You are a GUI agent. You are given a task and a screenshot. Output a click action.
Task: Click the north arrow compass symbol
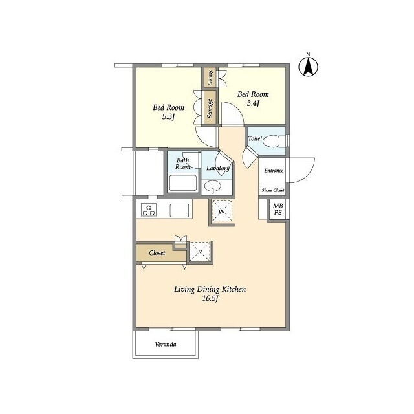pyautogui.click(x=308, y=66)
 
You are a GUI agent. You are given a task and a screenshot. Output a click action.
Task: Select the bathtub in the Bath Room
pyautogui.click(x=182, y=182)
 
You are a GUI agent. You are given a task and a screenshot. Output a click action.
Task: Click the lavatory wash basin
pyautogui.click(x=213, y=186)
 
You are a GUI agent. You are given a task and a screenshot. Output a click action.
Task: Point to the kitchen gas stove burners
pyautogui.click(x=149, y=210)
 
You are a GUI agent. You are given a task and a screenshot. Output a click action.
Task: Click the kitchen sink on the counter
pyautogui.click(x=179, y=210)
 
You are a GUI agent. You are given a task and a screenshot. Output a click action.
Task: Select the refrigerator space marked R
pyautogui.click(x=200, y=252)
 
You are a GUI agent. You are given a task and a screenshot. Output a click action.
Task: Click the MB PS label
pyautogui.click(x=278, y=209)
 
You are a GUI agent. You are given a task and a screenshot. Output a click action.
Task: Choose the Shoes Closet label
pyautogui.click(x=273, y=190)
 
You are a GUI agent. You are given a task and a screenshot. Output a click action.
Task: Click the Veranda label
pyautogui.click(x=166, y=344)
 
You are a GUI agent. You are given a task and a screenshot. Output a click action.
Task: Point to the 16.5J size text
pyautogui.click(x=210, y=299)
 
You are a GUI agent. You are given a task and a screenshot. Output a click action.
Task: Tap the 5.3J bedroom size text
pyautogui.click(x=168, y=116)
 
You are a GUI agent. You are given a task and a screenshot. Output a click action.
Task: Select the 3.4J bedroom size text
pyautogui.click(x=253, y=103)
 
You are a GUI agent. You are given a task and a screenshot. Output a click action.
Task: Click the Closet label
pyautogui.click(x=157, y=253)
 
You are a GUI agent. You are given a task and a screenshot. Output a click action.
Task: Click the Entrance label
pyautogui.click(x=274, y=171)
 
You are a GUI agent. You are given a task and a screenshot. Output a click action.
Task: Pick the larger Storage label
pyautogui.click(x=210, y=108)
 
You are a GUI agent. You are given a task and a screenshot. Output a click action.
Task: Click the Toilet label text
pyautogui.click(x=255, y=138)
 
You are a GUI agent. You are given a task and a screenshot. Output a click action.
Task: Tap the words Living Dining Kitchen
pyautogui.click(x=210, y=290)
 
